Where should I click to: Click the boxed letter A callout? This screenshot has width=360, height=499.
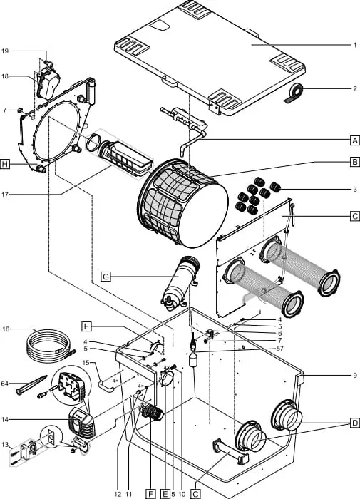tap(355, 140)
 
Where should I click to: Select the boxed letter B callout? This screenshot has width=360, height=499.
tap(355, 162)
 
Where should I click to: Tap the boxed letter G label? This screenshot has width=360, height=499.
tap(106, 277)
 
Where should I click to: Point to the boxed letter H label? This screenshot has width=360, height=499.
tap(4, 165)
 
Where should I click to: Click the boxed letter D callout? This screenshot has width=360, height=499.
tap(355, 423)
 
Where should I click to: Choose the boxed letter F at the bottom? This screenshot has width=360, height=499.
tap(150, 493)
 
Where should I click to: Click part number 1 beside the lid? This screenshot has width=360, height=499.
tap(355, 45)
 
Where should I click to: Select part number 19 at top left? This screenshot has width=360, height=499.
tap(5, 51)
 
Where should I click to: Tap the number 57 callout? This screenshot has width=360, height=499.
tap(279, 349)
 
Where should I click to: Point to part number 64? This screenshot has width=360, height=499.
tap(5, 384)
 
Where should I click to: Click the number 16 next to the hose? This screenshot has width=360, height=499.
tap(6, 329)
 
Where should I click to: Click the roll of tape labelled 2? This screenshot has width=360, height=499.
tap(294, 93)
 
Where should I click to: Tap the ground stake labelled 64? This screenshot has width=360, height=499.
tap(31, 385)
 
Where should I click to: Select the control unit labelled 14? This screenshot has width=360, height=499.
tap(81, 423)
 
